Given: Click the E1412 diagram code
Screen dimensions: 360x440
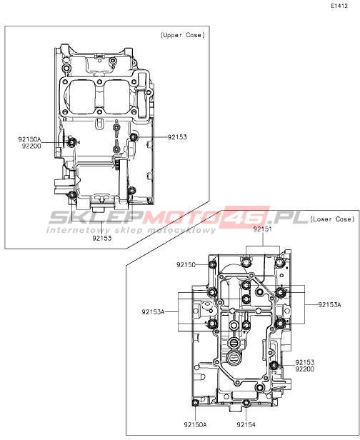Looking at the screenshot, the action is click(x=339, y=6).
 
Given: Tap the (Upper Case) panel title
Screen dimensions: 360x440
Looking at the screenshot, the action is click(x=183, y=35).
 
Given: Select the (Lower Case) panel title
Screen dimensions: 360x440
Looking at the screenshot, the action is click(x=333, y=219).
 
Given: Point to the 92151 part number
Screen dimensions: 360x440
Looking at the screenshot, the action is click(x=263, y=229).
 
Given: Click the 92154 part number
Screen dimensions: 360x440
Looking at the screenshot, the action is click(x=246, y=424).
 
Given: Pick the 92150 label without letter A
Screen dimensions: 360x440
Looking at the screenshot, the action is click(x=186, y=264).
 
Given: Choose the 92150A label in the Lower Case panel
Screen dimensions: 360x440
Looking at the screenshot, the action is click(x=195, y=424).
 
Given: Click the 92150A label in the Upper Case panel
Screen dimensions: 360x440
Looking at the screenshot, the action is click(x=29, y=139).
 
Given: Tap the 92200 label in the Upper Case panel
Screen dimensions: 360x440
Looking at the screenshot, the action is click(x=31, y=146).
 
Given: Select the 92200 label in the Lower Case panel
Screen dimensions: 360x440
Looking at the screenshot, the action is click(x=305, y=369).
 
